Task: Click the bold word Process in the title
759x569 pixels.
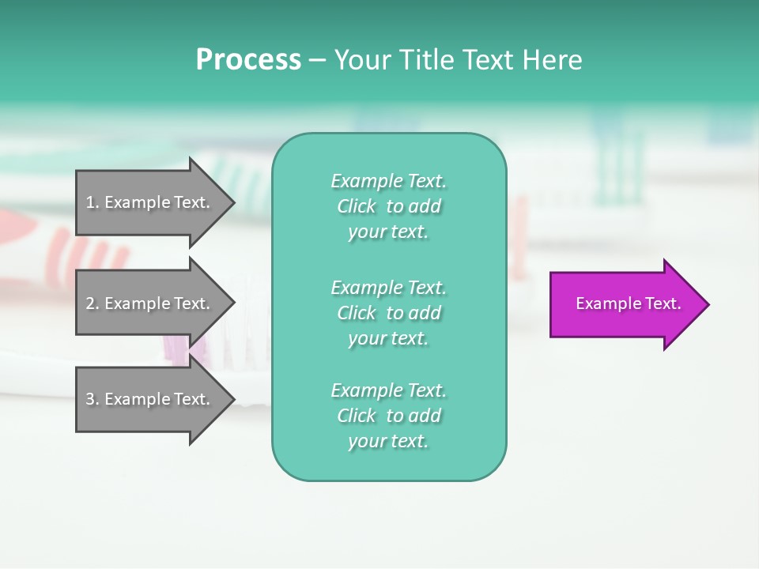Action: click(248, 60)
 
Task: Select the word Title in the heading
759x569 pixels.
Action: click(426, 60)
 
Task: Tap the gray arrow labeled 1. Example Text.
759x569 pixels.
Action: click(150, 202)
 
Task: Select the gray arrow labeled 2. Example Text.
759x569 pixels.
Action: click(150, 303)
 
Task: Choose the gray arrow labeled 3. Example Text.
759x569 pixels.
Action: click(150, 399)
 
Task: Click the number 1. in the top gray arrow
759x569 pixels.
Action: click(92, 202)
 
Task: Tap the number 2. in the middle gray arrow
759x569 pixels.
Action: click(92, 303)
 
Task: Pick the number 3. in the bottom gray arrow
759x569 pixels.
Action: click(92, 399)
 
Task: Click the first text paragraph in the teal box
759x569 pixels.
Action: click(388, 206)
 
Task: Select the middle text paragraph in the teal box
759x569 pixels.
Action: click(388, 313)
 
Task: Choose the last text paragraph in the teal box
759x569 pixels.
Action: click(388, 416)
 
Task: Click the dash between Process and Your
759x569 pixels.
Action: click(317, 61)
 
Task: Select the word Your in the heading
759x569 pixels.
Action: click(363, 60)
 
